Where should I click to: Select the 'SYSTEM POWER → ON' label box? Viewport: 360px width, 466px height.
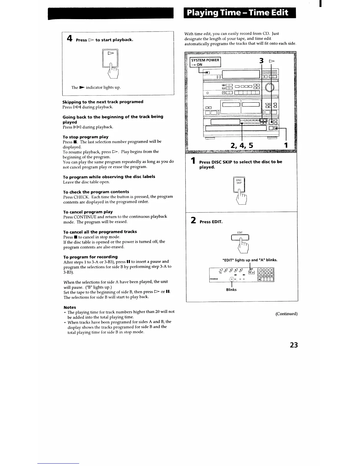click(205, 62)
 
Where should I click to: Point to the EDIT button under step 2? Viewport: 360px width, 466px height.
click(240, 237)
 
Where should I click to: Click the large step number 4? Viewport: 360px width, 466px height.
click(69, 39)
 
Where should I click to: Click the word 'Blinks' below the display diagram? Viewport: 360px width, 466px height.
click(231, 290)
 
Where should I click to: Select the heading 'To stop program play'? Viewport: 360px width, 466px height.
click(86, 137)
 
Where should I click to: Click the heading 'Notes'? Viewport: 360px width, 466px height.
click(70, 307)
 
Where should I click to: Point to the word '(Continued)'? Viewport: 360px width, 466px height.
click(286, 314)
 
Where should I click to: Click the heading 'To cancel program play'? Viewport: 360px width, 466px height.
click(88, 212)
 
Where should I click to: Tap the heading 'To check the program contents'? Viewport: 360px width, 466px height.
click(96, 192)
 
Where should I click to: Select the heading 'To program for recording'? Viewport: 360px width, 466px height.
click(91, 257)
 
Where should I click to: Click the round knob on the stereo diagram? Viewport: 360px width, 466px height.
click(269, 88)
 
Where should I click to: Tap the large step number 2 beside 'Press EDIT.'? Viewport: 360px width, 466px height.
click(193, 220)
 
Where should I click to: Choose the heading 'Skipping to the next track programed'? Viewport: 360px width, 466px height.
click(103, 102)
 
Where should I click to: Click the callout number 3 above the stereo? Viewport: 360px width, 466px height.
click(261, 61)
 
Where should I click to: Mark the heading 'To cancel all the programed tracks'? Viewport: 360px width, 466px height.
click(100, 232)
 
